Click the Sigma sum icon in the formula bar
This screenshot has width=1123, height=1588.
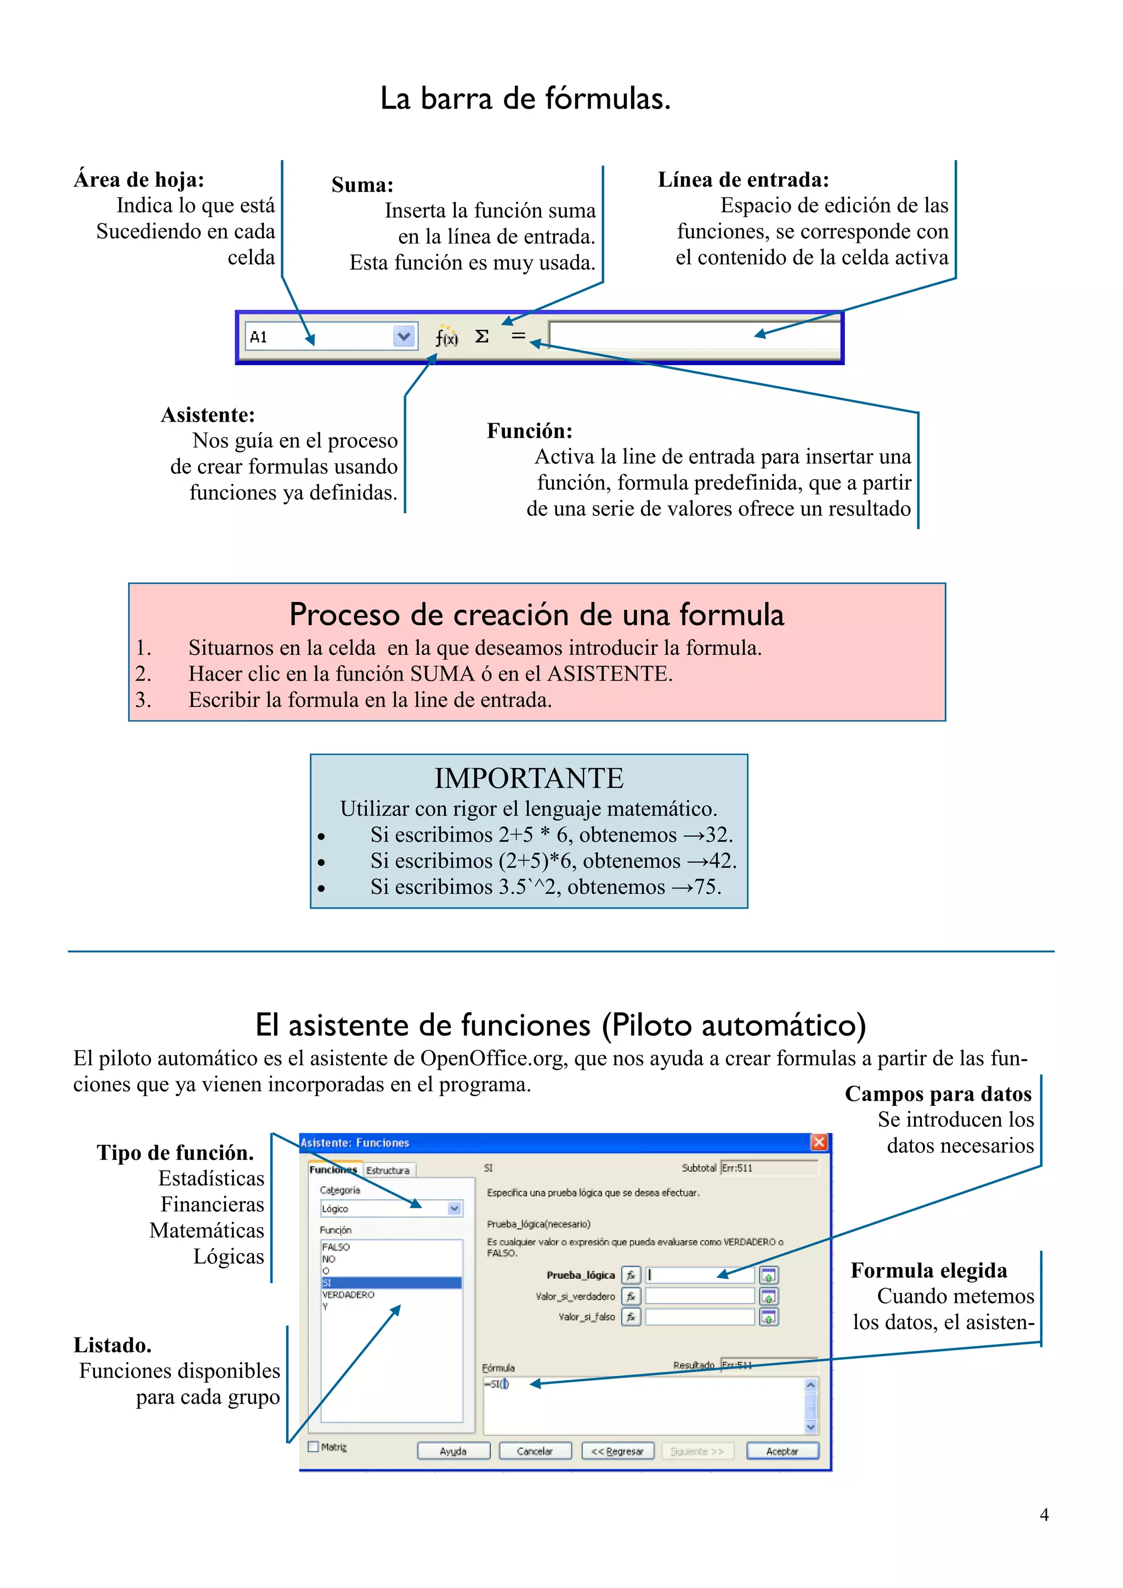(482, 337)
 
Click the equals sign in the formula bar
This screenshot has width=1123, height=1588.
(518, 337)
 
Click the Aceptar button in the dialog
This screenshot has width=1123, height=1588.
(782, 1451)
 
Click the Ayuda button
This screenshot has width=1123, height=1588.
(453, 1451)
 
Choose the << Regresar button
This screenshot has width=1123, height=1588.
(617, 1451)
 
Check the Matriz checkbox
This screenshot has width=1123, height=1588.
(313, 1446)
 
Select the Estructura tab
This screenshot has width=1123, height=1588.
(388, 1170)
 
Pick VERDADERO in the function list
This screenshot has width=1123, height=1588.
(349, 1295)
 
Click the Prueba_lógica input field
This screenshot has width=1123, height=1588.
(699, 1275)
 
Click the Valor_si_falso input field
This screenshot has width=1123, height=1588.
(699, 1317)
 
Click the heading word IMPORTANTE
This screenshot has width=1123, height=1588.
(529, 778)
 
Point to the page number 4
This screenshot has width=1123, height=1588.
(1044, 1515)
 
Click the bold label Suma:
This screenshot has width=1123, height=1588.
(362, 185)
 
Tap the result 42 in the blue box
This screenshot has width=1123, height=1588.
(721, 860)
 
